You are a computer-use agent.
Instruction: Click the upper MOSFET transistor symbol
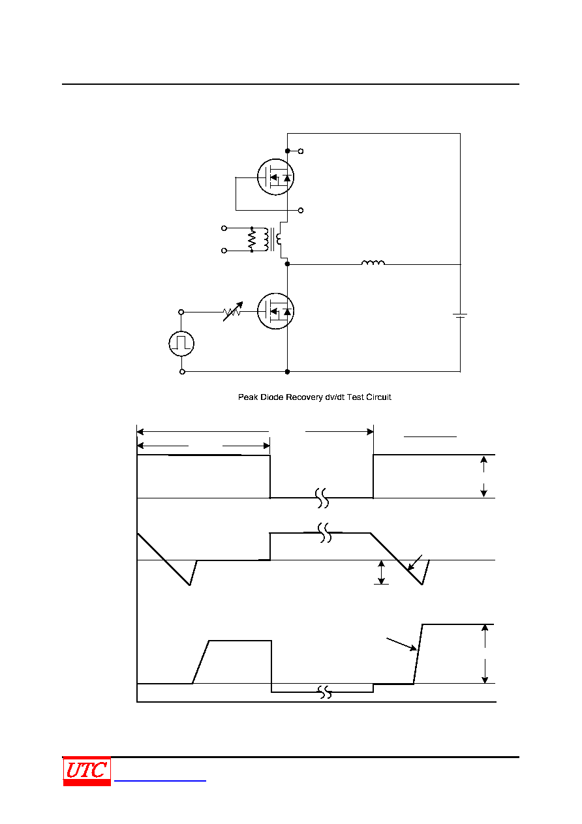click(275, 177)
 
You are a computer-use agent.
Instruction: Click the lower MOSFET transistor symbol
click(275, 311)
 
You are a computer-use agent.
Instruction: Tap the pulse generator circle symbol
click(181, 344)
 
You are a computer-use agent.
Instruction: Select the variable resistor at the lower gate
click(232, 312)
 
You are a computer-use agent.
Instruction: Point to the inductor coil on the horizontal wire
click(373, 262)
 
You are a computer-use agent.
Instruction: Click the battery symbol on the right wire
click(460, 316)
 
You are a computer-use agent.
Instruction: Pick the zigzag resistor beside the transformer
click(252, 239)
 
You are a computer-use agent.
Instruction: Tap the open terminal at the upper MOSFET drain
click(301, 151)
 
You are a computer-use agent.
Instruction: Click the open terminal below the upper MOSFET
click(301, 211)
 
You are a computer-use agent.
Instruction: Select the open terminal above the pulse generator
click(181, 312)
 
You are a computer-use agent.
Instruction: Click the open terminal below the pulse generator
click(182, 372)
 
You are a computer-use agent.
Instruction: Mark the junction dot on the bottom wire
click(287, 372)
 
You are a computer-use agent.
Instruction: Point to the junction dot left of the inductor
click(287, 264)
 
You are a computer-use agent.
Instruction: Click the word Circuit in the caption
click(378, 397)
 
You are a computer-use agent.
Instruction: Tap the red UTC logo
click(87, 772)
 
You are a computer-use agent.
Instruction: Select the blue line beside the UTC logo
click(160, 780)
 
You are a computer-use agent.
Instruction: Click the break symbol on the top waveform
click(322, 498)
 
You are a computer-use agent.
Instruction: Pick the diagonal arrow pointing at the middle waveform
click(414, 562)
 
